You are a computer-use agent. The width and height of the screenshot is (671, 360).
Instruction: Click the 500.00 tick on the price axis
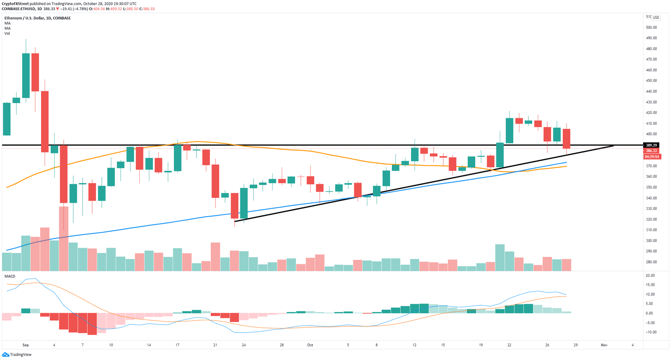[651, 28]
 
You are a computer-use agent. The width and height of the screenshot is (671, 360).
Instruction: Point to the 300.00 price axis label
[651, 241]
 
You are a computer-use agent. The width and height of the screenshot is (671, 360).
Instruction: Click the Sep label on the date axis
[25, 345]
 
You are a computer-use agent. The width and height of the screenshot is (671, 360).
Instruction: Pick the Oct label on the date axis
[310, 345]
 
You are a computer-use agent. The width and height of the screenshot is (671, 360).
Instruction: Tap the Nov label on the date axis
[604, 345]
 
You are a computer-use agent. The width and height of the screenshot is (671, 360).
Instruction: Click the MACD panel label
[10, 277]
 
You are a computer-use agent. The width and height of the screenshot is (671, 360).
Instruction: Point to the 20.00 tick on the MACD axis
[650, 276]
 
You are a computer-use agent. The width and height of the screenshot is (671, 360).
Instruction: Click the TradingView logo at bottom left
[17, 354]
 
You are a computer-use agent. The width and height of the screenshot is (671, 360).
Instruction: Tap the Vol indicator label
[7, 34]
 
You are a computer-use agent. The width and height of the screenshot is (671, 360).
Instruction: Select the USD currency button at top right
[656, 17]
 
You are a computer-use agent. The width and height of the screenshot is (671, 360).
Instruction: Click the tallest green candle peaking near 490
[26, 75]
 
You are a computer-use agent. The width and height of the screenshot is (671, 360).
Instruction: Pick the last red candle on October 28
[567, 138]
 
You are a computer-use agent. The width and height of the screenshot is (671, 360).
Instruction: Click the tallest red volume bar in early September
[64, 238]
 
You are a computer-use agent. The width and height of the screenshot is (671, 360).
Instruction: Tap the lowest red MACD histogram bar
[92, 324]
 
